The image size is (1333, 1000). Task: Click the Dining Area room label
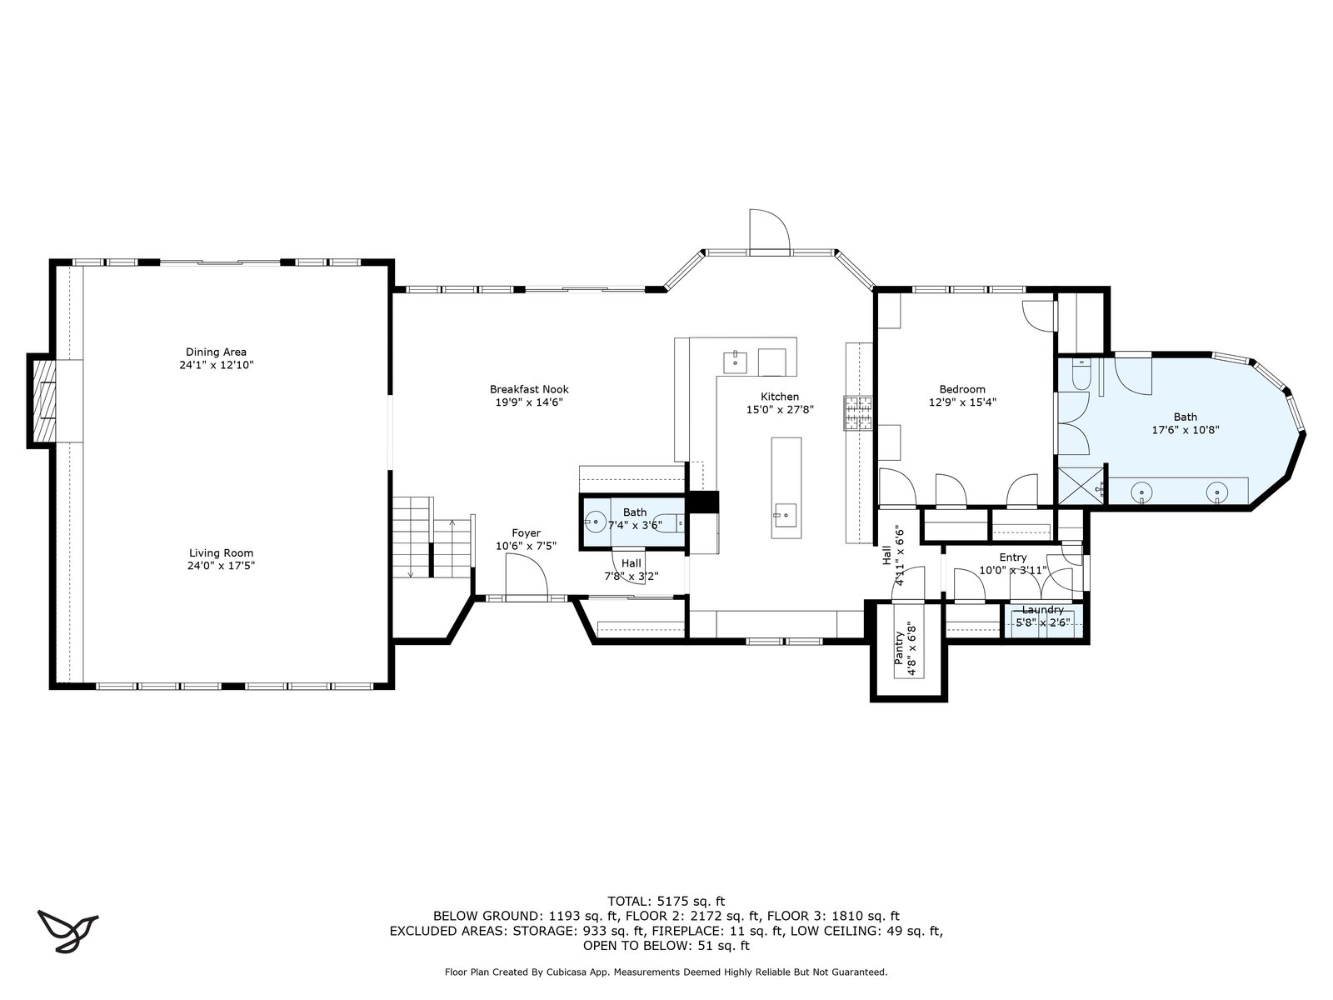click(216, 352)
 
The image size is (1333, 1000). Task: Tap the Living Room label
click(221, 552)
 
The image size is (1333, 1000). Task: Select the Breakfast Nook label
click(529, 389)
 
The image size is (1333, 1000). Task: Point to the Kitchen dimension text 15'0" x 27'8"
click(780, 410)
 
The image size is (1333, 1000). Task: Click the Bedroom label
click(962, 389)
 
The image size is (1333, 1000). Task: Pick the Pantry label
click(899, 647)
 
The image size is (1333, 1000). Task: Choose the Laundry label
click(1043, 610)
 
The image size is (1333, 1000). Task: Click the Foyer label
click(526, 532)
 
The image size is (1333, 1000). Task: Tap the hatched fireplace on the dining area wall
click(43, 400)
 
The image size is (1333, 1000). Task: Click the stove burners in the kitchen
click(857, 412)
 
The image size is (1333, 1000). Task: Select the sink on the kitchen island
click(785, 515)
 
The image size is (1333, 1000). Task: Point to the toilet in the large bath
click(1081, 374)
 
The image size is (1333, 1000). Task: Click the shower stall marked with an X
click(1081, 486)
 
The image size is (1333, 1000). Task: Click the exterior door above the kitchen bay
click(770, 229)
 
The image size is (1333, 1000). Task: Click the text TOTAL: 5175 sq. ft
click(666, 901)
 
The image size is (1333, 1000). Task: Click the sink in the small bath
click(595, 522)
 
